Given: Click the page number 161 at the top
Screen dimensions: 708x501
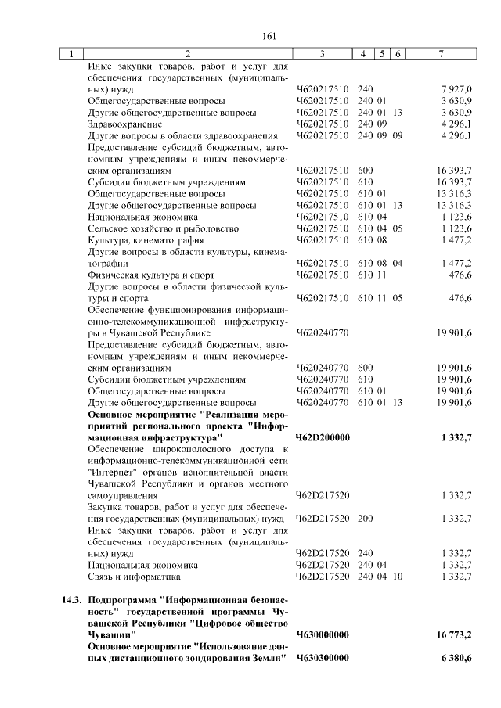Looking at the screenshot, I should click(x=270, y=35).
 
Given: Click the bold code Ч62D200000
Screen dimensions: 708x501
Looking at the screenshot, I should click(x=323, y=437).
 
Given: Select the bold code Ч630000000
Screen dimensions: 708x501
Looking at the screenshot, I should click(x=323, y=634).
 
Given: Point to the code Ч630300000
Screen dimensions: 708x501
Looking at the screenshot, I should click(x=323, y=657).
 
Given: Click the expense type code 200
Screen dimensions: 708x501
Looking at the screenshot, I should click(x=365, y=519).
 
